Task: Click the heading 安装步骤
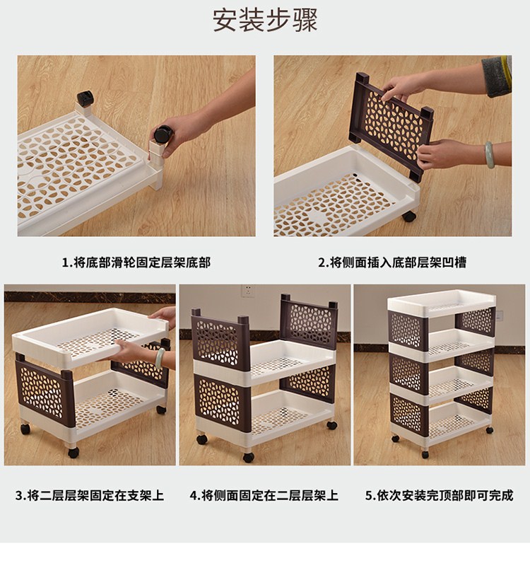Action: click(265, 21)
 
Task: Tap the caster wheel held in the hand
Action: click(163, 134)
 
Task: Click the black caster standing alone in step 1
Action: click(85, 98)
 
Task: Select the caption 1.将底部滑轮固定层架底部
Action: click(136, 262)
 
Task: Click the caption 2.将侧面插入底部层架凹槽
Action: click(392, 262)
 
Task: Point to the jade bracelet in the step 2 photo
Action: click(489, 155)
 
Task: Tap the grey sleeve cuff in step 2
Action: click(496, 76)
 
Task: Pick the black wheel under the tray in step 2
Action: click(409, 216)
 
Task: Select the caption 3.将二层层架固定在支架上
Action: click(90, 495)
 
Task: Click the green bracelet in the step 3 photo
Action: click(160, 358)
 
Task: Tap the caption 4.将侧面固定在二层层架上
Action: click(264, 495)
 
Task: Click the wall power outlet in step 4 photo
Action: click(248, 291)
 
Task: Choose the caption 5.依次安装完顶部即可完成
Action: click(439, 495)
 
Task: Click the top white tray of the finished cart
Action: click(441, 303)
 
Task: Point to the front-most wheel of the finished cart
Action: click(425, 454)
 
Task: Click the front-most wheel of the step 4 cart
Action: click(249, 457)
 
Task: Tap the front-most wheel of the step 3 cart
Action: click(73, 453)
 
